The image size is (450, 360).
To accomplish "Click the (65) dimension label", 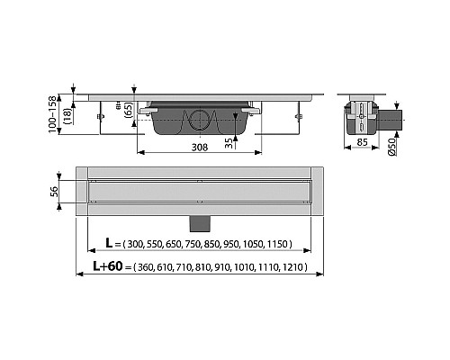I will (x=129, y=112).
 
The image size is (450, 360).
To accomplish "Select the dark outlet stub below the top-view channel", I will (x=199, y=221).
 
